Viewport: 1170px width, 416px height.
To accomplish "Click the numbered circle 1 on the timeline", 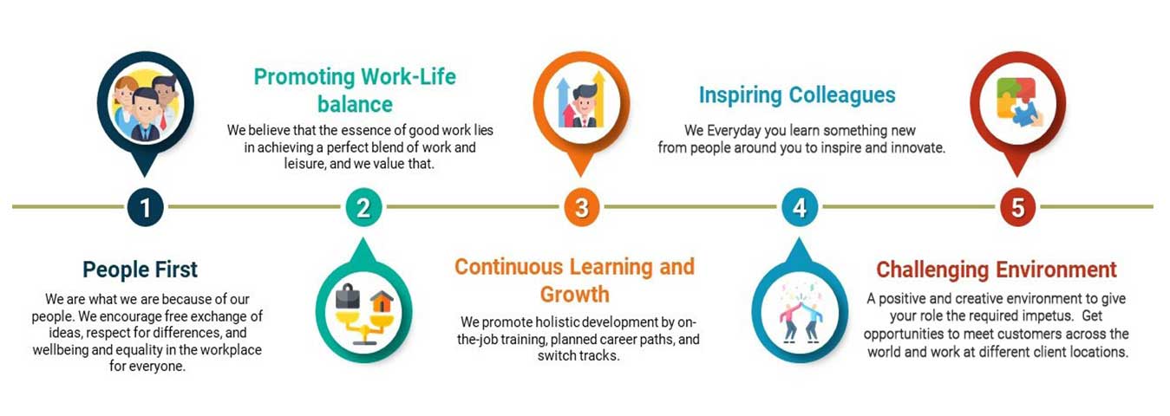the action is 145,207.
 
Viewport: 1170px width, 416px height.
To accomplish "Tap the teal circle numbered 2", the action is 363,207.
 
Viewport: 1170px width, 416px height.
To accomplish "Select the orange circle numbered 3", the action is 581,207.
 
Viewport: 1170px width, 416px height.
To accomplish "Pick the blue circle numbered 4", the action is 800,207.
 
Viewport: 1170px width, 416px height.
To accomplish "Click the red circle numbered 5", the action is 1017,207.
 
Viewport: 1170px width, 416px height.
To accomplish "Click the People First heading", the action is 140,270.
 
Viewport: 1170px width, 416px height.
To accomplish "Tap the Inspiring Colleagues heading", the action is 797,95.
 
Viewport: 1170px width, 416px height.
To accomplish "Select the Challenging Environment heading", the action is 996,270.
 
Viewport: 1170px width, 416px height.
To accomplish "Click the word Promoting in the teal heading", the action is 304,77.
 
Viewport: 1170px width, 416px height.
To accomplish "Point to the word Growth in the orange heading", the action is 574,295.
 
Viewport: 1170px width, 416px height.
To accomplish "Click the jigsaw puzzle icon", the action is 1018,102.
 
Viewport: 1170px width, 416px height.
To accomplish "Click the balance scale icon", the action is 364,315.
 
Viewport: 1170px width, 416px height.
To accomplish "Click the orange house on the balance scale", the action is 382,302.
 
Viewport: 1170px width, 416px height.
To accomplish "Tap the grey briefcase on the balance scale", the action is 347,296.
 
